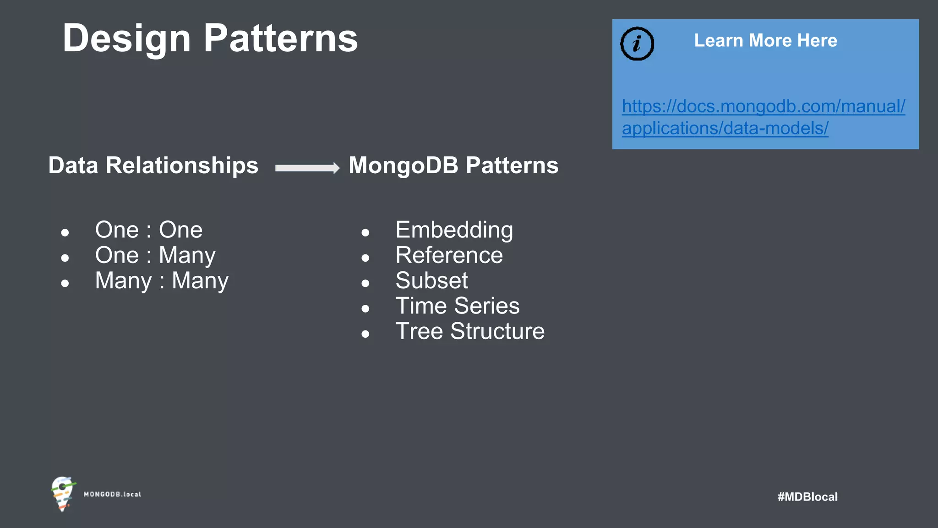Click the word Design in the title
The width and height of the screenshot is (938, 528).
click(x=126, y=38)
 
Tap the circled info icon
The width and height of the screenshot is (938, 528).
click(x=637, y=44)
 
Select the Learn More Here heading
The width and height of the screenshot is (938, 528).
click(x=765, y=41)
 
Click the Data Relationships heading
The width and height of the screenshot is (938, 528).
click(x=153, y=165)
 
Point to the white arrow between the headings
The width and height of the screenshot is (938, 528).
click(x=307, y=168)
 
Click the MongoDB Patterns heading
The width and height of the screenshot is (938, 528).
click(x=453, y=165)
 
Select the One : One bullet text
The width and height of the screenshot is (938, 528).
click(x=149, y=230)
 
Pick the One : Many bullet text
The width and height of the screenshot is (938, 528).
click(x=155, y=255)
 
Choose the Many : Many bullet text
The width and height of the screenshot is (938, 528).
click(x=162, y=280)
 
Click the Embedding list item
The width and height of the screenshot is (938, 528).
click(x=454, y=230)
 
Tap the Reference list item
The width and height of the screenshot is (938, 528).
click(x=449, y=255)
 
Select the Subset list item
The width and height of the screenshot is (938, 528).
click(x=431, y=280)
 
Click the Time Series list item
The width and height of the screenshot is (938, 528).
click(x=457, y=306)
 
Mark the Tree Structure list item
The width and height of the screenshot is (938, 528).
click(x=470, y=331)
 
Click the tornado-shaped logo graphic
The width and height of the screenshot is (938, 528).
click(x=63, y=494)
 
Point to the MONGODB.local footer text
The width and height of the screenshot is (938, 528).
click(x=112, y=495)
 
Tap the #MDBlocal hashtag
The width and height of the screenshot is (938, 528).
click(x=807, y=497)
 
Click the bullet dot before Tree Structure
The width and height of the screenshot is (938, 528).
click(x=365, y=334)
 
